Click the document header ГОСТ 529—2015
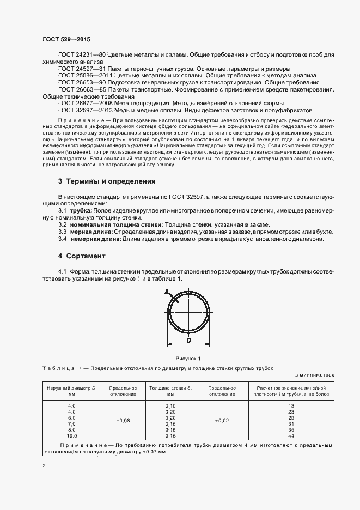tap(66, 39)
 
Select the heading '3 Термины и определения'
tap(107, 181)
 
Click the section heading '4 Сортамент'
tap(82, 256)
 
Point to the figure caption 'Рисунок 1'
tap(188, 358)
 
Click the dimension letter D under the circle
tap(188, 341)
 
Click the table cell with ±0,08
tap(123, 421)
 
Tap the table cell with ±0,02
tap(221, 421)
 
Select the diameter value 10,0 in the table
tap(72, 436)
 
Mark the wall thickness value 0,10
tap(170, 406)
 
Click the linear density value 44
tap(291, 436)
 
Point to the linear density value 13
tap(291, 406)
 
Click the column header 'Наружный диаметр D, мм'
tap(71, 390)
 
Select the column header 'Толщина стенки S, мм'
tap(170, 390)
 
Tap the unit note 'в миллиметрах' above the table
tap(315, 375)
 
